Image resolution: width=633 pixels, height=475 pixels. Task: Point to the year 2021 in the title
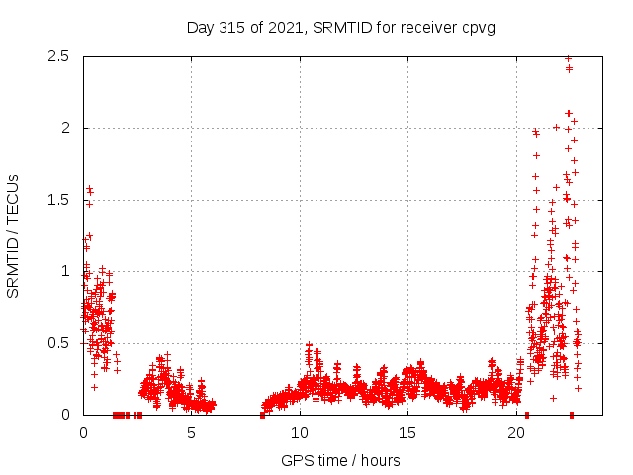tap(281, 27)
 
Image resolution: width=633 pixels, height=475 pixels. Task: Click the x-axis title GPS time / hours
tap(340, 460)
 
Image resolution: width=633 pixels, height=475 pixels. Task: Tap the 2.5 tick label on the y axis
tap(57, 56)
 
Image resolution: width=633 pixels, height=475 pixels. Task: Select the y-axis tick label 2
tap(63, 128)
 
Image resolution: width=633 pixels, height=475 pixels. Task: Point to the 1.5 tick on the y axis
tap(57, 200)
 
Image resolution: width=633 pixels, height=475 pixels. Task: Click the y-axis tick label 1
tap(63, 271)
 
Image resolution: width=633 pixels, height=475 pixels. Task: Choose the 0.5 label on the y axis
tap(57, 343)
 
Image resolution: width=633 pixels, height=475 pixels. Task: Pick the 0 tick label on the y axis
tap(63, 415)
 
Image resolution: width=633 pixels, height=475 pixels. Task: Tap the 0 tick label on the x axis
tap(83, 433)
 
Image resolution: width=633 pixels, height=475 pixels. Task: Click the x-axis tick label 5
tap(192, 433)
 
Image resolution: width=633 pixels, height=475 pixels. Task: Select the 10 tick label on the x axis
tap(300, 433)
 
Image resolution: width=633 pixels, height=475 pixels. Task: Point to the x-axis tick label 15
tap(407, 433)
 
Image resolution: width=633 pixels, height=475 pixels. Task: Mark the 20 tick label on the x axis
tap(516, 433)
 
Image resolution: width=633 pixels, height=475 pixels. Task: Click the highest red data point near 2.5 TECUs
tap(568, 58)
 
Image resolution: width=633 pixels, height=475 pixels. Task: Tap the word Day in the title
tap(200, 27)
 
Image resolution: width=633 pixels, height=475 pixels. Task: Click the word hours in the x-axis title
tap(381, 460)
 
